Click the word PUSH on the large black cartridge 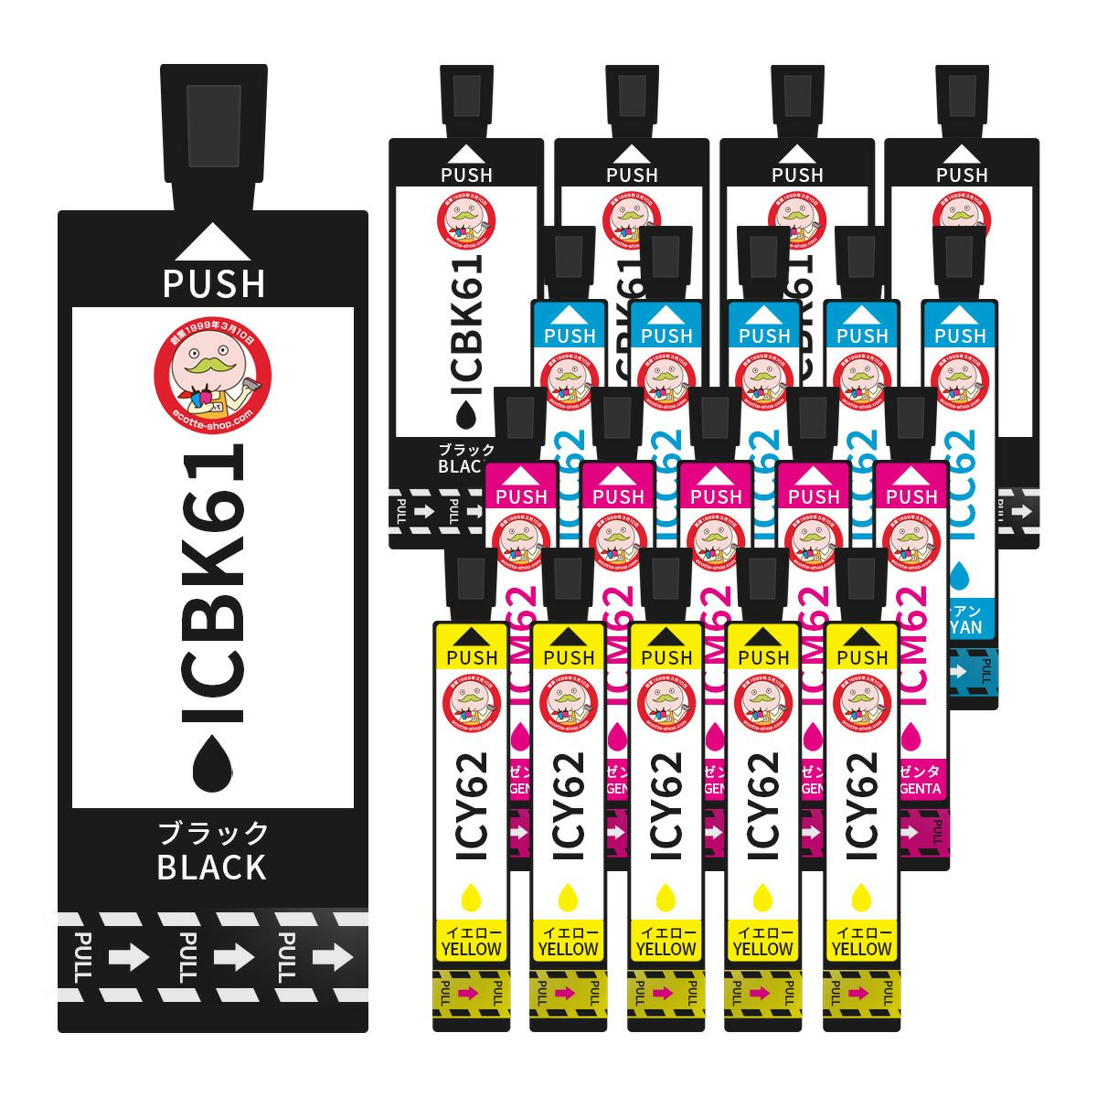pos(214,283)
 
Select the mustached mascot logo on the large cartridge pos(213,371)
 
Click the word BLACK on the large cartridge pos(212,867)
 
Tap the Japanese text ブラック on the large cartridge pos(214,833)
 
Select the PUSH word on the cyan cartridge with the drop pos(960,335)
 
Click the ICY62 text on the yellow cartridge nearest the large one pos(472,804)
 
